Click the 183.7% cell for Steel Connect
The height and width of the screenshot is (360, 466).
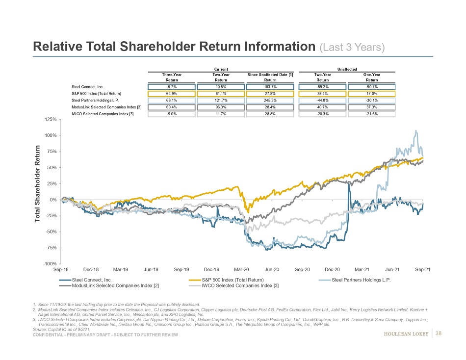click(270, 86)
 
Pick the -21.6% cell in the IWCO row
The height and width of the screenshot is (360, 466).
click(372, 114)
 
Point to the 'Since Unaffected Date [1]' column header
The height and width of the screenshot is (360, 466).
click(270, 75)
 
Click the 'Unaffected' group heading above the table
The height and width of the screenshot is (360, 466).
click(347, 69)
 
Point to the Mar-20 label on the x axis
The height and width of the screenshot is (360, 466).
click(241, 270)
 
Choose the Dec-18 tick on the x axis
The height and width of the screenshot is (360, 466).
click(91, 270)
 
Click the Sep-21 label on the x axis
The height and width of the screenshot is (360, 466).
click(422, 270)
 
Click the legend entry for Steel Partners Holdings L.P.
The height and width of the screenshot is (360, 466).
click(361, 280)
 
